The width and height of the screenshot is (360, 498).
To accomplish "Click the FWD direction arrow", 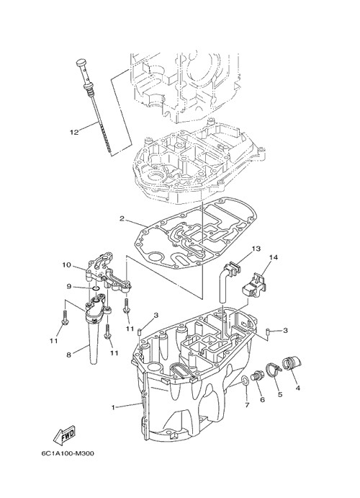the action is [x=64, y=435].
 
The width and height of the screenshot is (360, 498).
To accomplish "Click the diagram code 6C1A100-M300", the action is [x=67, y=453].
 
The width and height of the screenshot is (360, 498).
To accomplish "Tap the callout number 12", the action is [x=74, y=132].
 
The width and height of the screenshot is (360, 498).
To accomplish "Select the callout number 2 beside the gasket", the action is [x=122, y=218].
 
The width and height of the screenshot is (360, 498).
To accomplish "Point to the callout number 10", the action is [x=67, y=265].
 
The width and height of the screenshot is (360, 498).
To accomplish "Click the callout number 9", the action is [x=69, y=287].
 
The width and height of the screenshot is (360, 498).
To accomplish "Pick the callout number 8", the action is [x=68, y=355].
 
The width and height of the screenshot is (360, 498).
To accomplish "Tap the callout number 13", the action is [x=256, y=249].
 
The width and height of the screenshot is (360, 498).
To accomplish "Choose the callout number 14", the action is [x=274, y=257].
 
